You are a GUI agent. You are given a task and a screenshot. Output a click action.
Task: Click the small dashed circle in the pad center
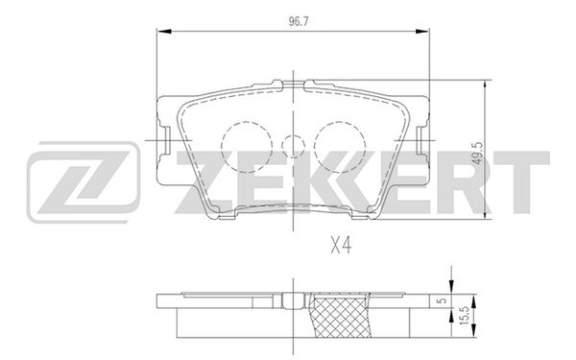pos(294,145)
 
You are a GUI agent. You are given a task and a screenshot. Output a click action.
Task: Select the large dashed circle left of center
pos(240,144)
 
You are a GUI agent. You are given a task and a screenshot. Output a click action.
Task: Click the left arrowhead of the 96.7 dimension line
pos(160,33)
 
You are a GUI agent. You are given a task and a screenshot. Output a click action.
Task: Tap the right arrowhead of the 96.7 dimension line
pos(425,33)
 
